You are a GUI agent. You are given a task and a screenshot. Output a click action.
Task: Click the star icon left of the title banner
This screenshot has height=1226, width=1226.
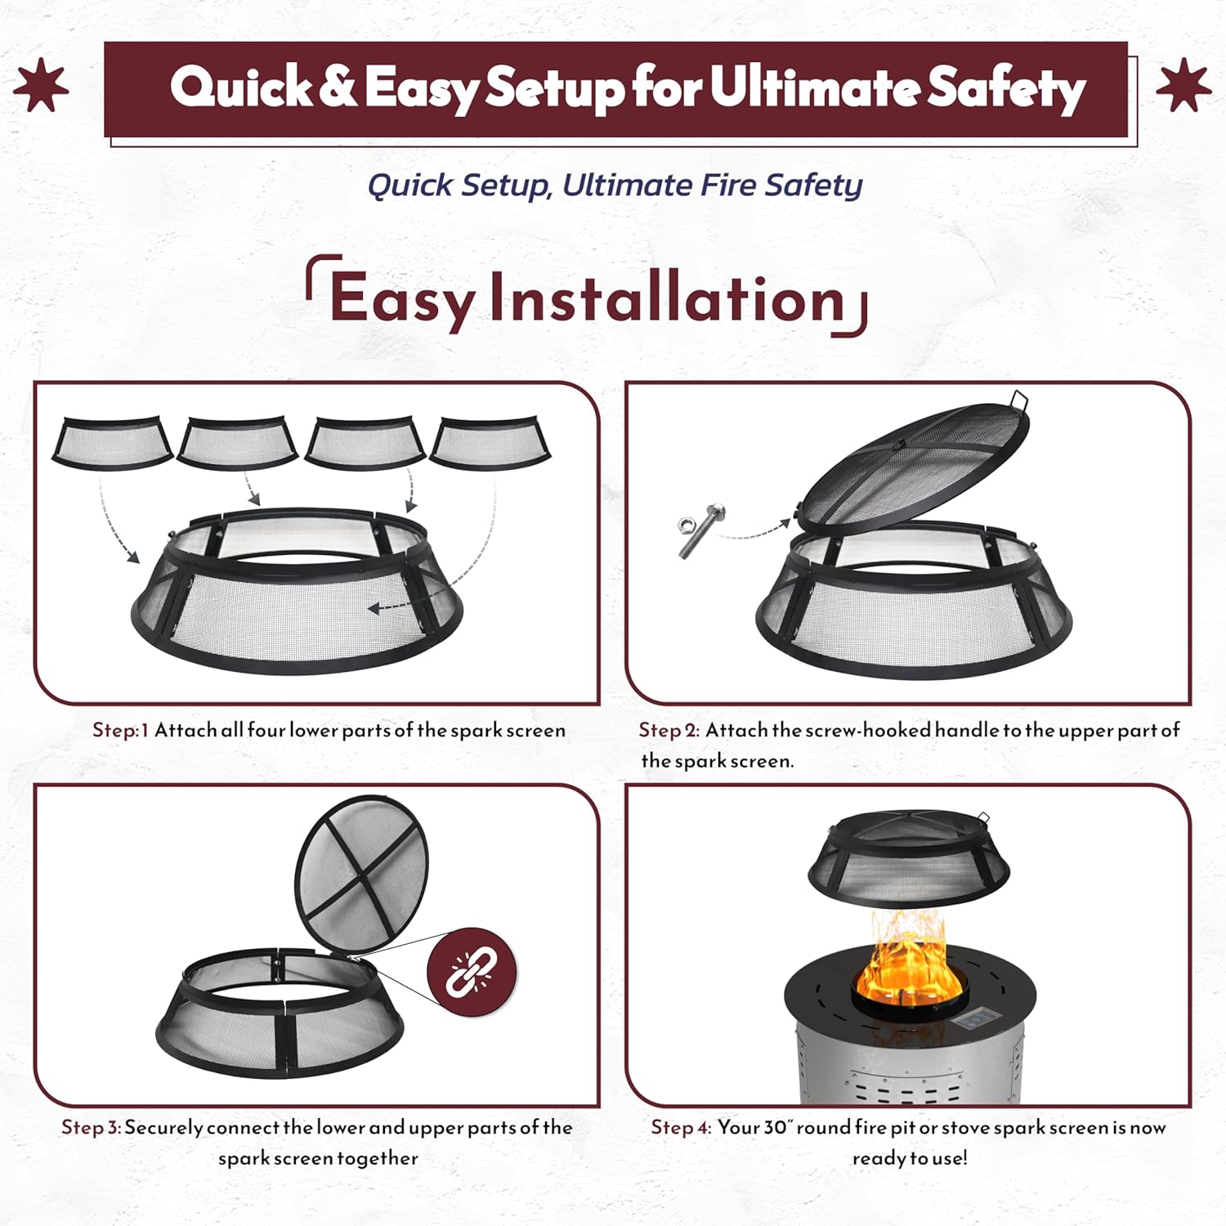coord(41,86)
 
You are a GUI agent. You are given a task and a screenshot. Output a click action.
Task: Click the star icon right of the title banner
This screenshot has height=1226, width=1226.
coord(1183,86)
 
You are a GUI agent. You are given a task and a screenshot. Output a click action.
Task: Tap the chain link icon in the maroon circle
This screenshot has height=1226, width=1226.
coord(472,971)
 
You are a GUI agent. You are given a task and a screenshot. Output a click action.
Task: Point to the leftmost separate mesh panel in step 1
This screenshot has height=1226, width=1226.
coord(112,442)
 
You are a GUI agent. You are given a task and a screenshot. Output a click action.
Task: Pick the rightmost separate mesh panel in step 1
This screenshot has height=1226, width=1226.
coord(490,442)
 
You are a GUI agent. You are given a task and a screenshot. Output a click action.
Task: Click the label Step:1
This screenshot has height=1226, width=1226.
coord(121,730)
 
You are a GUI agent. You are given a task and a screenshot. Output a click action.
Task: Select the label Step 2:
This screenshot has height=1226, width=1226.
coord(669,730)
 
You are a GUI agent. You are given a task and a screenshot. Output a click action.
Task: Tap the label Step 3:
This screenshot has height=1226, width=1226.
coord(92,1128)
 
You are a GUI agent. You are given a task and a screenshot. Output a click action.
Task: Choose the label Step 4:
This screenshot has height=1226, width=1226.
coord(682,1128)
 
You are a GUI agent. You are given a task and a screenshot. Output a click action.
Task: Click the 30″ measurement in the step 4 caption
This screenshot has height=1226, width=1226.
coord(778,1127)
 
